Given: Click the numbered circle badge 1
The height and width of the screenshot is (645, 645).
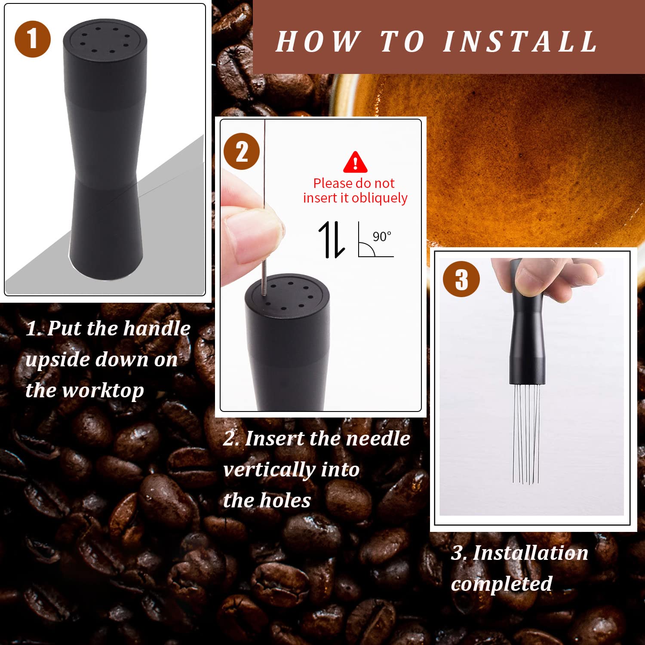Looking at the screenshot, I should [33, 39].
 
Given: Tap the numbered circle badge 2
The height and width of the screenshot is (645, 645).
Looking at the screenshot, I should [242, 151].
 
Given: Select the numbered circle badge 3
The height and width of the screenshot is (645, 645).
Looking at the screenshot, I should [461, 279].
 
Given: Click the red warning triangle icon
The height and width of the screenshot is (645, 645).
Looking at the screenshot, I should [355, 163].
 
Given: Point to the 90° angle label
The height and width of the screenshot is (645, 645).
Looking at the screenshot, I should [382, 236].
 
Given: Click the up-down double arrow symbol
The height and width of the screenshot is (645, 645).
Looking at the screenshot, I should [332, 240].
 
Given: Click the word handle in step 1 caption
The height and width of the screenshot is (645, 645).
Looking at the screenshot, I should [154, 329].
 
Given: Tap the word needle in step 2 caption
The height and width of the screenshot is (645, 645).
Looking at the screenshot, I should [378, 439].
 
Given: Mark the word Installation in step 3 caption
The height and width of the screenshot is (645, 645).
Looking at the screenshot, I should [530, 553].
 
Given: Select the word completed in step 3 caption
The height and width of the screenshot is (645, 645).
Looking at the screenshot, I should [501, 584].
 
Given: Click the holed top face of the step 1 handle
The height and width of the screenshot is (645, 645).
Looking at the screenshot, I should [105, 40].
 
